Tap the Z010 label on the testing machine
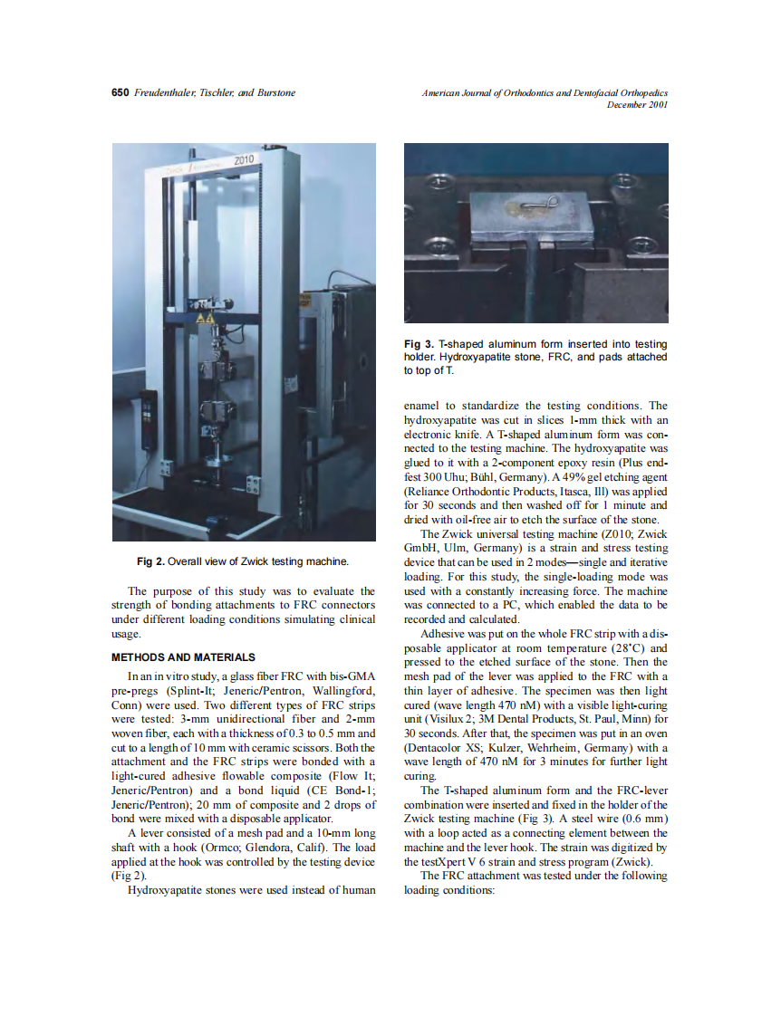pos(246,160)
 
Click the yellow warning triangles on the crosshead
pos(207,319)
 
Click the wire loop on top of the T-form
pos(526,208)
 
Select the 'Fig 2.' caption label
pos(152,561)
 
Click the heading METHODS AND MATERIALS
pos(182,657)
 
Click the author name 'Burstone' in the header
pos(275,92)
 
